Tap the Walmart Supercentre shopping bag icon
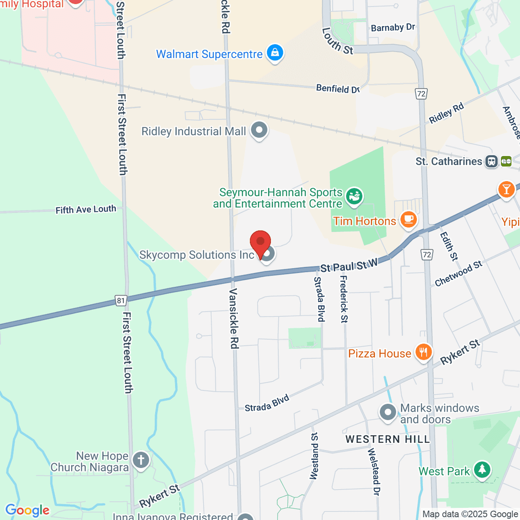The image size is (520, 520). (274, 54)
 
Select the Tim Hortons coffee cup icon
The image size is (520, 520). (408, 219)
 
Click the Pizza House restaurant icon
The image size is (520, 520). (423, 352)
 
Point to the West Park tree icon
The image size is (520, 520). (482, 470)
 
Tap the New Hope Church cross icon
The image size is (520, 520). (140, 460)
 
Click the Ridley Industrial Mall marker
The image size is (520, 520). (259, 130)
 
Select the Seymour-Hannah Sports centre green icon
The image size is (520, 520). (354, 196)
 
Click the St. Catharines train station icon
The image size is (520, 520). (491, 162)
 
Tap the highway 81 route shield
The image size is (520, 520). (120, 300)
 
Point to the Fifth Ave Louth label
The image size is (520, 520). (86, 210)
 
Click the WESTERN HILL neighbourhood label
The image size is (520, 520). (387, 439)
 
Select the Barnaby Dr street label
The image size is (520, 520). (393, 28)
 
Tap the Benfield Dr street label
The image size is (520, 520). (338, 89)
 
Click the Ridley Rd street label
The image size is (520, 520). (446, 113)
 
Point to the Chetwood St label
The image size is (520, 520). (458, 274)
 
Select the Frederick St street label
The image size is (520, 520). (344, 299)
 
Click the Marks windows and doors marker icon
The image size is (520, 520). (387, 413)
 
